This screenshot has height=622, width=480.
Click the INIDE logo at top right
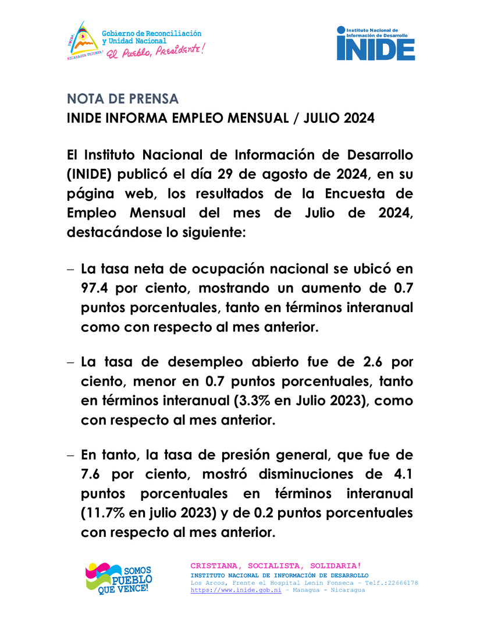375,43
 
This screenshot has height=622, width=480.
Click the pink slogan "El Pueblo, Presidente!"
154,51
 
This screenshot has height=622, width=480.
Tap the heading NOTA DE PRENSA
123,98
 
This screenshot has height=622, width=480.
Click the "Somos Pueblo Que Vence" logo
119,578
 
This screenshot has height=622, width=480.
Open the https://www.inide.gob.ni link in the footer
236,590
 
